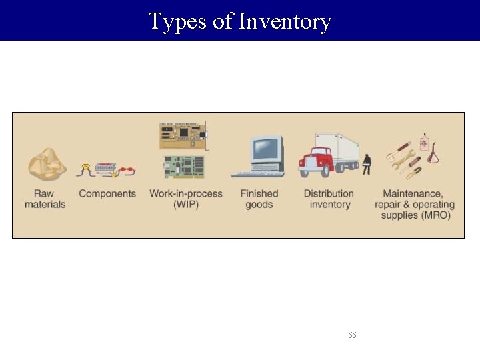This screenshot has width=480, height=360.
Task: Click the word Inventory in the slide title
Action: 285,21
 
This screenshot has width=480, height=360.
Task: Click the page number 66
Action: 352,335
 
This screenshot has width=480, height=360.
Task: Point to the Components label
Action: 107,193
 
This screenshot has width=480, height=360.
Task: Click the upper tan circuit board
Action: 183,135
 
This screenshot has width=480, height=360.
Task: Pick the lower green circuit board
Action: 184,167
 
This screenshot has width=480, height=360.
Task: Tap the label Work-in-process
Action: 185,193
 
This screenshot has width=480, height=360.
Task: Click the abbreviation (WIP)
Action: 185,205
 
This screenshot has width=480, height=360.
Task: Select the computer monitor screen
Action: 265,149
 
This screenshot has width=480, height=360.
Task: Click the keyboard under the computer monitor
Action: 257,174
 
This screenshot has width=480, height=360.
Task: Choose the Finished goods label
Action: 259,199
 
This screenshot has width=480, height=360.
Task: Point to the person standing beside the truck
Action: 366,164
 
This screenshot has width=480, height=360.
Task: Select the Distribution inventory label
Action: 329,199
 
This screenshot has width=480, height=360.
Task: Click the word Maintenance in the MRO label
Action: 413,193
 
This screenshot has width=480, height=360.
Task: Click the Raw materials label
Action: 45,199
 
